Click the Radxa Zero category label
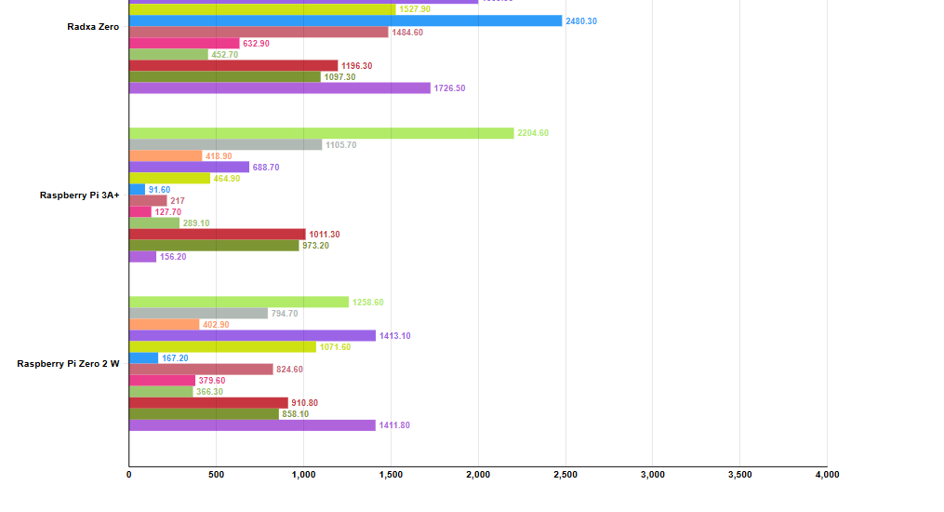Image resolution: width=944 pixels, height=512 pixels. [x=93, y=27]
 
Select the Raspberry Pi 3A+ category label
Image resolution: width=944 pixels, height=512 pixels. [x=79, y=195]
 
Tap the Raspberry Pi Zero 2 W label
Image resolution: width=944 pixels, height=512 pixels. [x=68, y=364]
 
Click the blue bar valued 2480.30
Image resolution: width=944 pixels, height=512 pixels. [x=345, y=20]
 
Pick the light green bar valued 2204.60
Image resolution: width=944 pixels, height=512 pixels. [x=321, y=133]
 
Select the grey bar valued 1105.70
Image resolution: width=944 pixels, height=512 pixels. [x=225, y=144]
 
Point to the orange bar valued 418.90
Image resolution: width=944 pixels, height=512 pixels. [x=166, y=155]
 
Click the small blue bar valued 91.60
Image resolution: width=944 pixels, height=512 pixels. [x=137, y=189]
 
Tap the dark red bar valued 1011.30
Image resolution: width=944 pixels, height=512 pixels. [x=217, y=234]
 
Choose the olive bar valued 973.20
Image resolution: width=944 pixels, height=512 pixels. [x=214, y=245]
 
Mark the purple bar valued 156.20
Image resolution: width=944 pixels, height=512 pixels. [x=142, y=256]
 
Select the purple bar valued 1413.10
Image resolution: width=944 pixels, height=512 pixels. [x=252, y=335]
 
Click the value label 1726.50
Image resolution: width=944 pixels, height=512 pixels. [x=449, y=88]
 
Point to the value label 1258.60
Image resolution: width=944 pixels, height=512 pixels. [x=367, y=303]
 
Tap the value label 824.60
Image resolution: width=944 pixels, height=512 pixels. [x=291, y=370]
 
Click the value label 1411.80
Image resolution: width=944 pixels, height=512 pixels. [x=394, y=425]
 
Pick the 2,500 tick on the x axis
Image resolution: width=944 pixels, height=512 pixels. [x=565, y=475]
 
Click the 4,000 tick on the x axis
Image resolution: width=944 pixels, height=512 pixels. [x=827, y=475]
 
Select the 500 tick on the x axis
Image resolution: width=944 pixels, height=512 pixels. [x=216, y=475]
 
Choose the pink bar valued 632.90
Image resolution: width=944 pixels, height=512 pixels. [x=184, y=43]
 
